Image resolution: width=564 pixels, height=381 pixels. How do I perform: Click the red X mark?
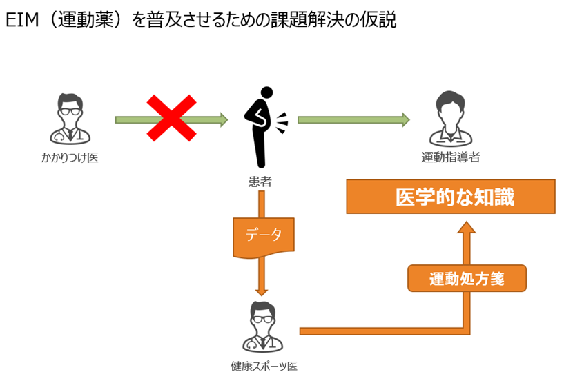point(171,119)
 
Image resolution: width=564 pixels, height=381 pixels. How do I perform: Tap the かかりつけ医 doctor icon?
point(69,118)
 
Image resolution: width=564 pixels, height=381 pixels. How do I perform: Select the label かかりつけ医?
point(69,158)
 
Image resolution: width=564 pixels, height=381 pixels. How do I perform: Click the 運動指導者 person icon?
point(450,117)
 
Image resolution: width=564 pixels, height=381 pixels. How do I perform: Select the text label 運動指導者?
point(450,158)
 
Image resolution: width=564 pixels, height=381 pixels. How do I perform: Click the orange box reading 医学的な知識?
point(450,197)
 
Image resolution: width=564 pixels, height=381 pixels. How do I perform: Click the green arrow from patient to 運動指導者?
point(352,120)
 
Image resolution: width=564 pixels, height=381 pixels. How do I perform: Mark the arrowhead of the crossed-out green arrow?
point(222,120)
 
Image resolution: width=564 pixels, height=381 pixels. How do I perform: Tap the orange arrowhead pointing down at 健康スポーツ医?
point(262,290)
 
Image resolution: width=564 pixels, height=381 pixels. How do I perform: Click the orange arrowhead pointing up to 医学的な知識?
point(467,228)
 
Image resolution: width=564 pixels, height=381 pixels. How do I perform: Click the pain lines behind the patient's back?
point(282,124)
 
